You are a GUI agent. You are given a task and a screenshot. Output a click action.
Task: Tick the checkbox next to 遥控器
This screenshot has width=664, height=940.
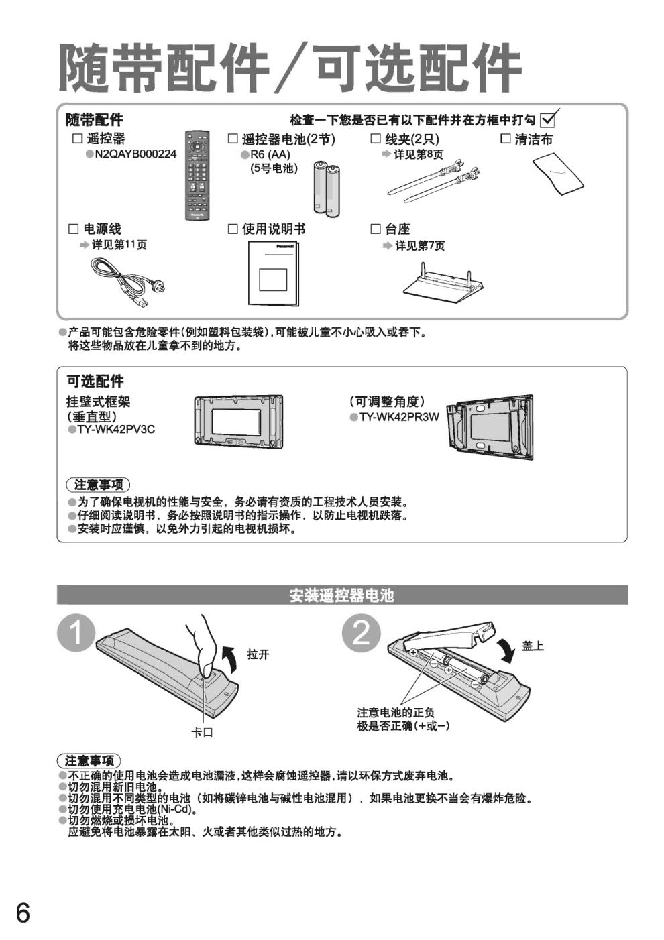pos(78,139)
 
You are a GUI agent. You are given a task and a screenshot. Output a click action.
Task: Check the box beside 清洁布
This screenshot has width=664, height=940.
pos(506,139)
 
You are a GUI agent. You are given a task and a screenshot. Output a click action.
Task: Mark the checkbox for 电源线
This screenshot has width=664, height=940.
pos(74,229)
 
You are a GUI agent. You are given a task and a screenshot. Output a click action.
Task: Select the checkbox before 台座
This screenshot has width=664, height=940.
pos(376,229)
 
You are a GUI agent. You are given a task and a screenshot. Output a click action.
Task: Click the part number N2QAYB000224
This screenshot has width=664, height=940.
pos(135,154)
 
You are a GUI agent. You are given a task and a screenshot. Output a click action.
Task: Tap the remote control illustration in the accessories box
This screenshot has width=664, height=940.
pos(197,176)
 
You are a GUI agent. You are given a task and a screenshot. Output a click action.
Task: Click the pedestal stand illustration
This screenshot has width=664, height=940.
pos(443,282)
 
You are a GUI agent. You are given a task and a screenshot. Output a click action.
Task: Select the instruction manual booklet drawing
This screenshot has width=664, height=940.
pos(273,273)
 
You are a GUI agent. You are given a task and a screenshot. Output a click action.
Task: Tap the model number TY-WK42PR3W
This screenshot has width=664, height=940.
pos(399,417)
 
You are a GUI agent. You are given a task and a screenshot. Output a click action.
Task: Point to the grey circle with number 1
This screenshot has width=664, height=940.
pos(76,633)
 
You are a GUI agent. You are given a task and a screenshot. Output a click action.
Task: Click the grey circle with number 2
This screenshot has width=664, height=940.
pos(362,633)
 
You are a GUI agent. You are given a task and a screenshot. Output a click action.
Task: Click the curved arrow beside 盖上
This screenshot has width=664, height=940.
pos(506,652)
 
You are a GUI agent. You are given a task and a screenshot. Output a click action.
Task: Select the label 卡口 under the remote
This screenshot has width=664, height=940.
pos(202,733)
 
